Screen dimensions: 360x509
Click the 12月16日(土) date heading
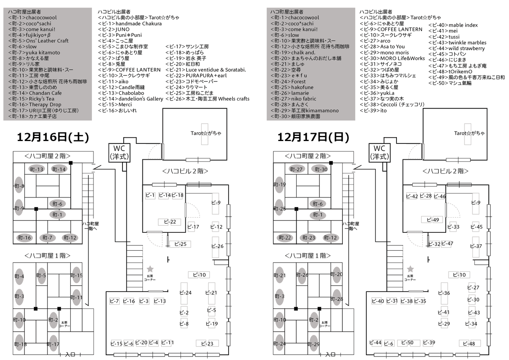[x=52, y=137]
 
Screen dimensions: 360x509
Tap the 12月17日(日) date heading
[x=313, y=137]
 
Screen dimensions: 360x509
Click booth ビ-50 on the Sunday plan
[x=408, y=343]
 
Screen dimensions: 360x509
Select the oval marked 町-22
[x=285, y=238]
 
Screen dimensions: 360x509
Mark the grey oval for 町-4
[x=19, y=276]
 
